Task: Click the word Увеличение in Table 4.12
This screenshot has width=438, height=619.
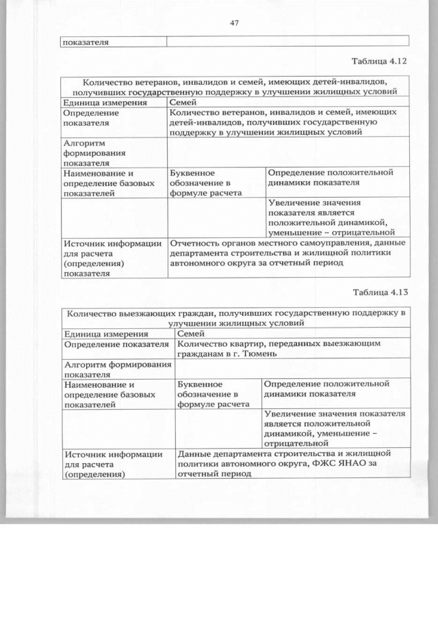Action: [294, 203]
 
